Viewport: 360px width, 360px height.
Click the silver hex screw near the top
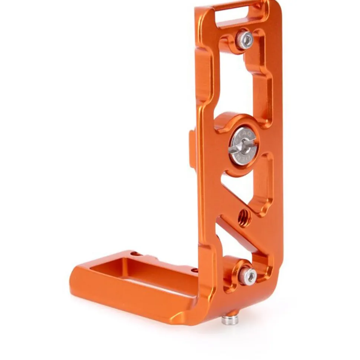(245, 40)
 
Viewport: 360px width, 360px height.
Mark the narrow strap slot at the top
(237, 14)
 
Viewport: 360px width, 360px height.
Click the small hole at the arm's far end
(136, 254)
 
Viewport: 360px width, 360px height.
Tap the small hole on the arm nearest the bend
(194, 270)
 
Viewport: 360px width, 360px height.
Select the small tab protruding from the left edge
(192, 148)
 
